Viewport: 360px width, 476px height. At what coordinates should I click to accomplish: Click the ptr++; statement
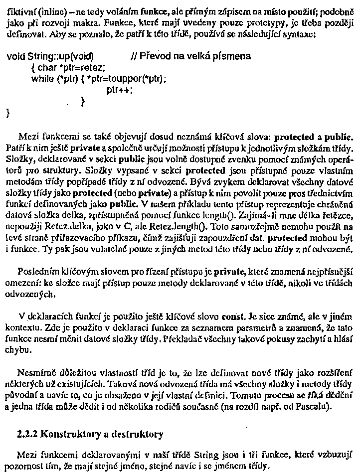(x=117, y=90)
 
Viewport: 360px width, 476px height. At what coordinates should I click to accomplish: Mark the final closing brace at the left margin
(x=7, y=113)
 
